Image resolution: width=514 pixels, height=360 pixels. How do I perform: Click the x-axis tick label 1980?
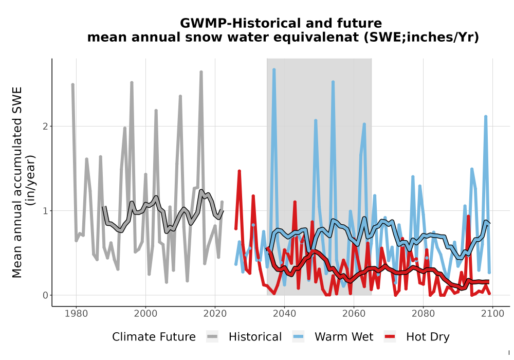[76, 314]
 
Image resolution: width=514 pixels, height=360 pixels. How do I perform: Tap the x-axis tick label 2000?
[145, 314]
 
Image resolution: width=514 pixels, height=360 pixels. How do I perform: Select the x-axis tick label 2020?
[215, 314]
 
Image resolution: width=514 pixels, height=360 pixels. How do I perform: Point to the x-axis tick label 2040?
[284, 314]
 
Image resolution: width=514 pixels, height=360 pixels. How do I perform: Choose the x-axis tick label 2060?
[354, 314]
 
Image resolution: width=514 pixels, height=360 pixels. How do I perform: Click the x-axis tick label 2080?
[423, 314]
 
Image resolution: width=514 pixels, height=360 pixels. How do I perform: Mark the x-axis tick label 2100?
[492, 314]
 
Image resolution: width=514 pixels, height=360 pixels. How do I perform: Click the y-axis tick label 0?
[45, 295]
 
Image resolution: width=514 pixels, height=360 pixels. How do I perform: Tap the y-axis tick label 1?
[45, 210]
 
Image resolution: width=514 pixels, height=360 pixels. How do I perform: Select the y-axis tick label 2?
[45, 126]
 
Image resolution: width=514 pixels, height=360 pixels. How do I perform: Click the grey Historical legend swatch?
[212, 337]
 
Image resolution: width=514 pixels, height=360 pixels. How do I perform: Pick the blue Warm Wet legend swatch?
[298, 337]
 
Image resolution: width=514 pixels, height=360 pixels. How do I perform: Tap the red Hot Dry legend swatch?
[390, 337]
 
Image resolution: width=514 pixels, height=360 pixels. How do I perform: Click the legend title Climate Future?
[154, 337]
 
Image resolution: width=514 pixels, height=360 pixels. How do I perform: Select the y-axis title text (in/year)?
[31, 180]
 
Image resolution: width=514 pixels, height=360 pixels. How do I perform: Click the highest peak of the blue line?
[274, 69]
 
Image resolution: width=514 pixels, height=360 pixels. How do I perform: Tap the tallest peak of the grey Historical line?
[201, 72]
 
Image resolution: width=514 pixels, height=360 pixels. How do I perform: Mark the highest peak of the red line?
[240, 171]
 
